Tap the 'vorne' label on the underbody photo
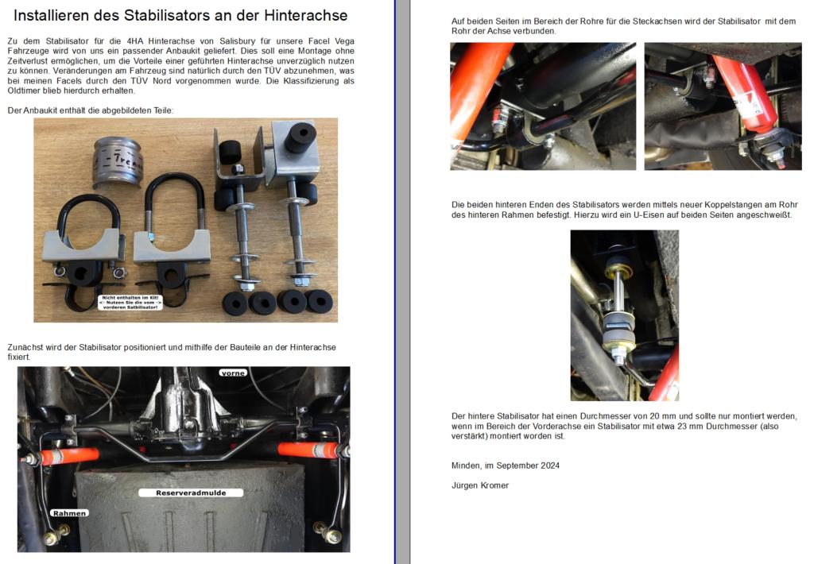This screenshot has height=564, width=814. [232, 372]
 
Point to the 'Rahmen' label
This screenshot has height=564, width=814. [68, 513]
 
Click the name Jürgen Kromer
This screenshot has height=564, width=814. [479, 485]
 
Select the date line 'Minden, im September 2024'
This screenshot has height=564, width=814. [505, 465]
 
